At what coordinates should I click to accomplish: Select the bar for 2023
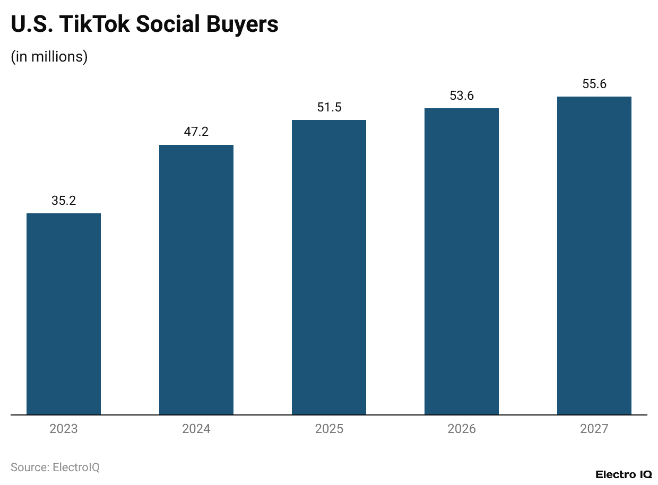click(x=64, y=314)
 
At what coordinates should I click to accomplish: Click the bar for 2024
click(x=196, y=280)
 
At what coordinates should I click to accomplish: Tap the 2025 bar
click(x=329, y=267)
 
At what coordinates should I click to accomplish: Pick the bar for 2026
click(x=462, y=261)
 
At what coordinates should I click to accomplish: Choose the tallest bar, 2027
click(x=594, y=255)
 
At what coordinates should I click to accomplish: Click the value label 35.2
click(x=64, y=201)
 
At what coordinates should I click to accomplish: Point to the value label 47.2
click(x=196, y=132)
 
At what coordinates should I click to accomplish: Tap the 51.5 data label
click(x=329, y=107)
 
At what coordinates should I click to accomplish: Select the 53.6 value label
click(x=462, y=96)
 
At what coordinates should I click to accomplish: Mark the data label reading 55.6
click(x=594, y=84)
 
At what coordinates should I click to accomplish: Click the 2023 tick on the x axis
click(x=64, y=429)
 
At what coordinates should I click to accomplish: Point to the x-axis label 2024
click(x=196, y=429)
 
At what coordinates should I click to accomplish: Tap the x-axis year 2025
click(x=329, y=429)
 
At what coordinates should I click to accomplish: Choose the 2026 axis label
click(x=462, y=429)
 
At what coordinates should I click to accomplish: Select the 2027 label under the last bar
click(x=594, y=429)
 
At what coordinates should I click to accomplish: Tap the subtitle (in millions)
click(x=49, y=56)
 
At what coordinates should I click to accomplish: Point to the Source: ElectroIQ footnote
click(x=55, y=467)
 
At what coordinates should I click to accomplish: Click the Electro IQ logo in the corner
click(x=624, y=474)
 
